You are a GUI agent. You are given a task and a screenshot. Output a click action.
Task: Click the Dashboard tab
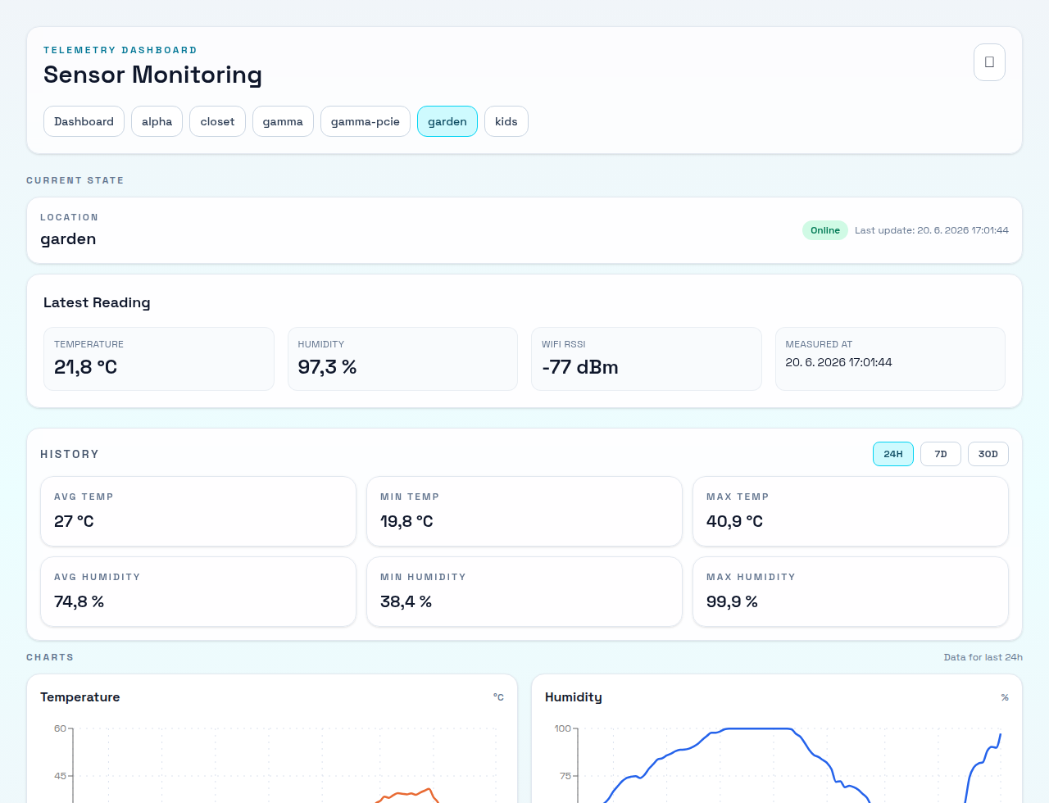coord(84,121)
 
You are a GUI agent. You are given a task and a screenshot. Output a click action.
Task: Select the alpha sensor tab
coord(157,121)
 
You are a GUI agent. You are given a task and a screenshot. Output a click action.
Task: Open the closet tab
coord(217,121)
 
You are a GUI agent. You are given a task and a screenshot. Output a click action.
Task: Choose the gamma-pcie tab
coord(366,121)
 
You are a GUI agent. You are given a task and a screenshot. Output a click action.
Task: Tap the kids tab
coord(506,121)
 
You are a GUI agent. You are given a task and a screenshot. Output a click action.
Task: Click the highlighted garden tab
coord(447,121)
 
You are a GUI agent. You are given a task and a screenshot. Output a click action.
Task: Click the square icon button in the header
coord(989,62)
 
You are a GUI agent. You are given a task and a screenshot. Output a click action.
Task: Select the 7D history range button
coord(940,454)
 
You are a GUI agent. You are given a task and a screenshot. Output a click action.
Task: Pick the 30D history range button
coord(988,454)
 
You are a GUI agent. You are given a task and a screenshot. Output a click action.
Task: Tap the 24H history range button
coord(893,454)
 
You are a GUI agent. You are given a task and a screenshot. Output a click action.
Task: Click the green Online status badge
coord(825,230)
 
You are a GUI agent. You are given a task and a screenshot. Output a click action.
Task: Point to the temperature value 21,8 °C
coord(85,367)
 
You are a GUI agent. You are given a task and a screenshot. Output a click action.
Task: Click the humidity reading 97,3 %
coord(327,367)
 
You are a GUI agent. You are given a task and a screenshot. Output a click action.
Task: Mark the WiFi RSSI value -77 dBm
coord(579,367)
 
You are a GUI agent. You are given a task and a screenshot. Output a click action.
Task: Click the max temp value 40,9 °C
coord(734,521)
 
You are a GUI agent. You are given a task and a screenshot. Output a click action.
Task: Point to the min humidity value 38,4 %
coord(406,601)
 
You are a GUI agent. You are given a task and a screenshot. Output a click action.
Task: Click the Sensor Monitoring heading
coord(152,75)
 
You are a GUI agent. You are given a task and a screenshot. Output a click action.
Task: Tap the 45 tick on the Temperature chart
coord(60,776)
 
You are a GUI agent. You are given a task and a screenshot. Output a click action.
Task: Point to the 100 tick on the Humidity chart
coord(562,728)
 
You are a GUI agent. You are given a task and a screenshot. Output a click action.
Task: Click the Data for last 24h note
coord(983,657)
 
